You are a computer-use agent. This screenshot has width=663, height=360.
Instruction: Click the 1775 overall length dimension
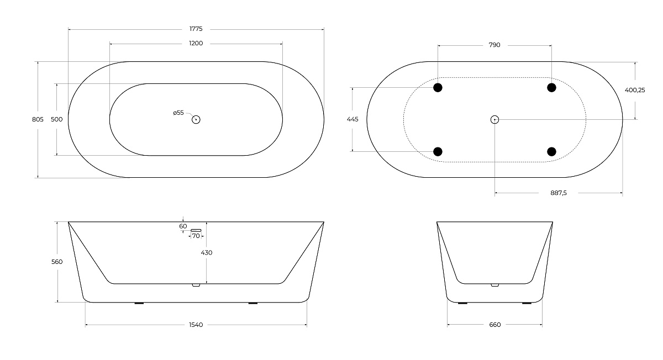(x=196, y=29)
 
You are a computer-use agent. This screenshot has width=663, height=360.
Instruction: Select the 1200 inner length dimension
(x=196, y=44)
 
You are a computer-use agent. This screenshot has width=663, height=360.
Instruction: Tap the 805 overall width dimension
(x=38, y=119)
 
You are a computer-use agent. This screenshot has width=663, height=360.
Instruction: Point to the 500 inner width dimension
(x=57, y=119)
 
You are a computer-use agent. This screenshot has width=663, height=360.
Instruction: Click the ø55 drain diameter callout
(x=178, y=113)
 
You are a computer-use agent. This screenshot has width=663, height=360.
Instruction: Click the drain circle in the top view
(x=196, y=119)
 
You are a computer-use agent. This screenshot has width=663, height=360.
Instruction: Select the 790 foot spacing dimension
(x=494, y=45)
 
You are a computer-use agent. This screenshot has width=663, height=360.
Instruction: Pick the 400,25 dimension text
(x=635, y=90)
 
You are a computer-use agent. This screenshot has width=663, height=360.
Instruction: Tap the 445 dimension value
(x=352, y=119)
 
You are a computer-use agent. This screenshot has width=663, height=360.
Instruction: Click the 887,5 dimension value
(x=559, y=193)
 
